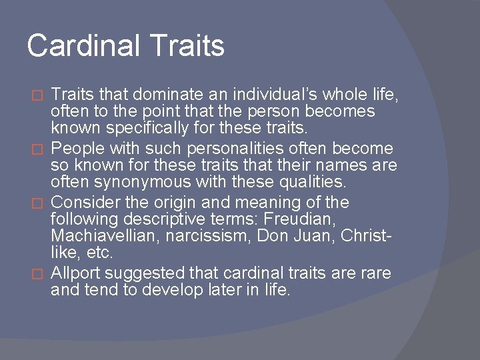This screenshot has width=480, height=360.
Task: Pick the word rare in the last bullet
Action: click(x=377, y=274)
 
